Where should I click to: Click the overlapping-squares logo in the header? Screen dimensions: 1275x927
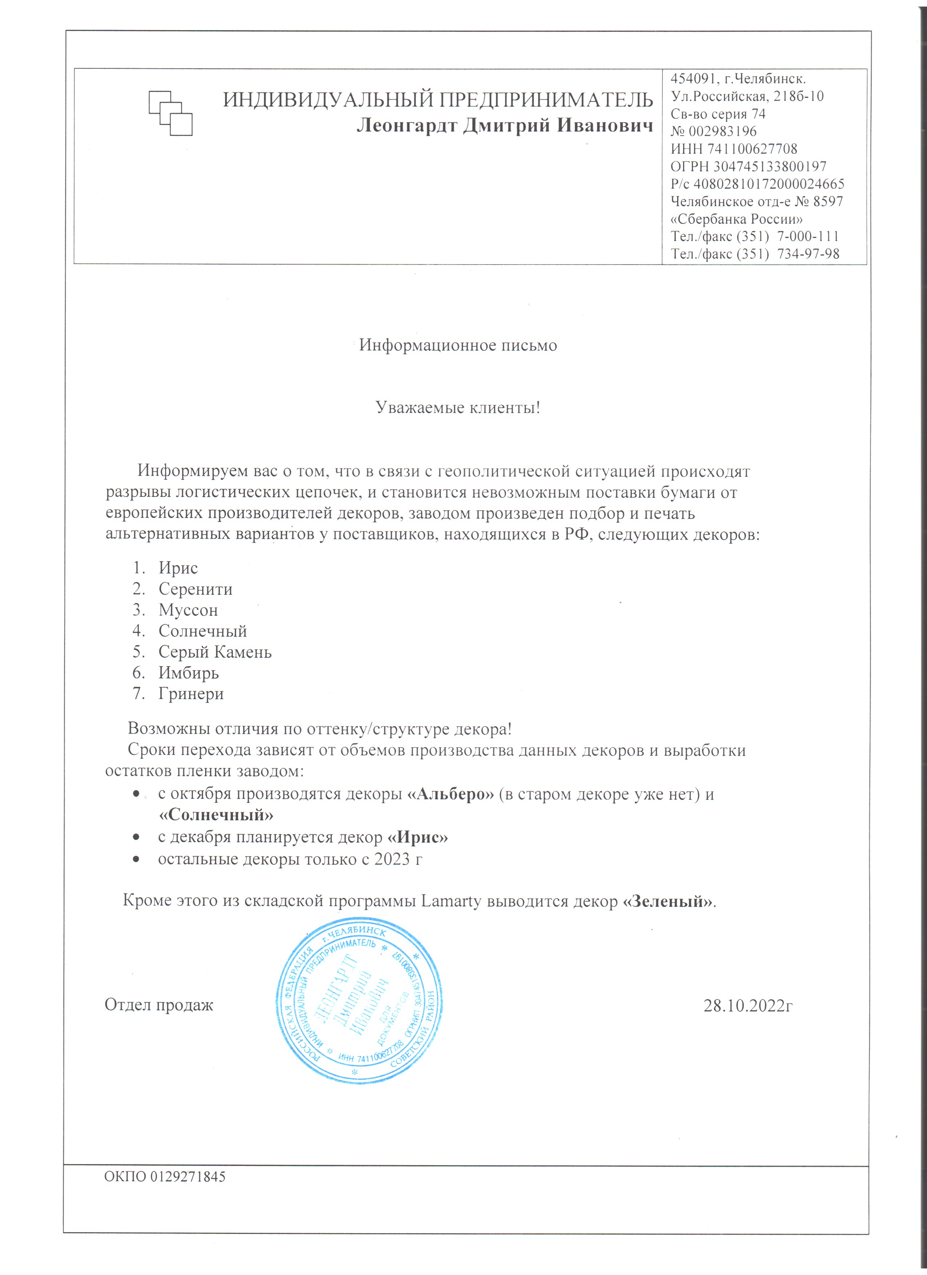point(170,113)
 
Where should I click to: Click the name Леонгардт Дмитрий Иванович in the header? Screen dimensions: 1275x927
point(505,125)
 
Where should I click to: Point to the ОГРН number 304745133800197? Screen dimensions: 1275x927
point(770,166)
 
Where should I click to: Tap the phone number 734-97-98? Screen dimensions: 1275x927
point(808,254)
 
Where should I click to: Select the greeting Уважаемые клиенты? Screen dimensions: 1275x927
point(458,407)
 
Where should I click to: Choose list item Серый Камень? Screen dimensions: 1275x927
point(215,652)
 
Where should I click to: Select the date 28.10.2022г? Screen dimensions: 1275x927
point(748,1005)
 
